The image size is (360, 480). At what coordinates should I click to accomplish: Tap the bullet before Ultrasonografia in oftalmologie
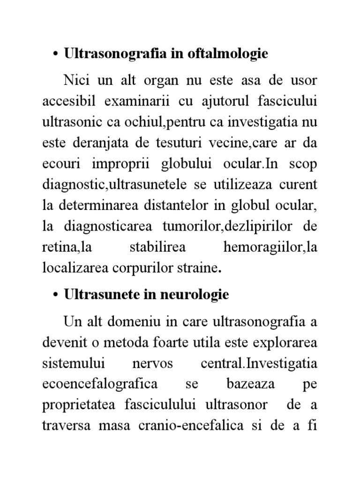pos(55,54)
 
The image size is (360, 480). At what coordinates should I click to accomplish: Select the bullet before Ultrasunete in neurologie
pos(55,295)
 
